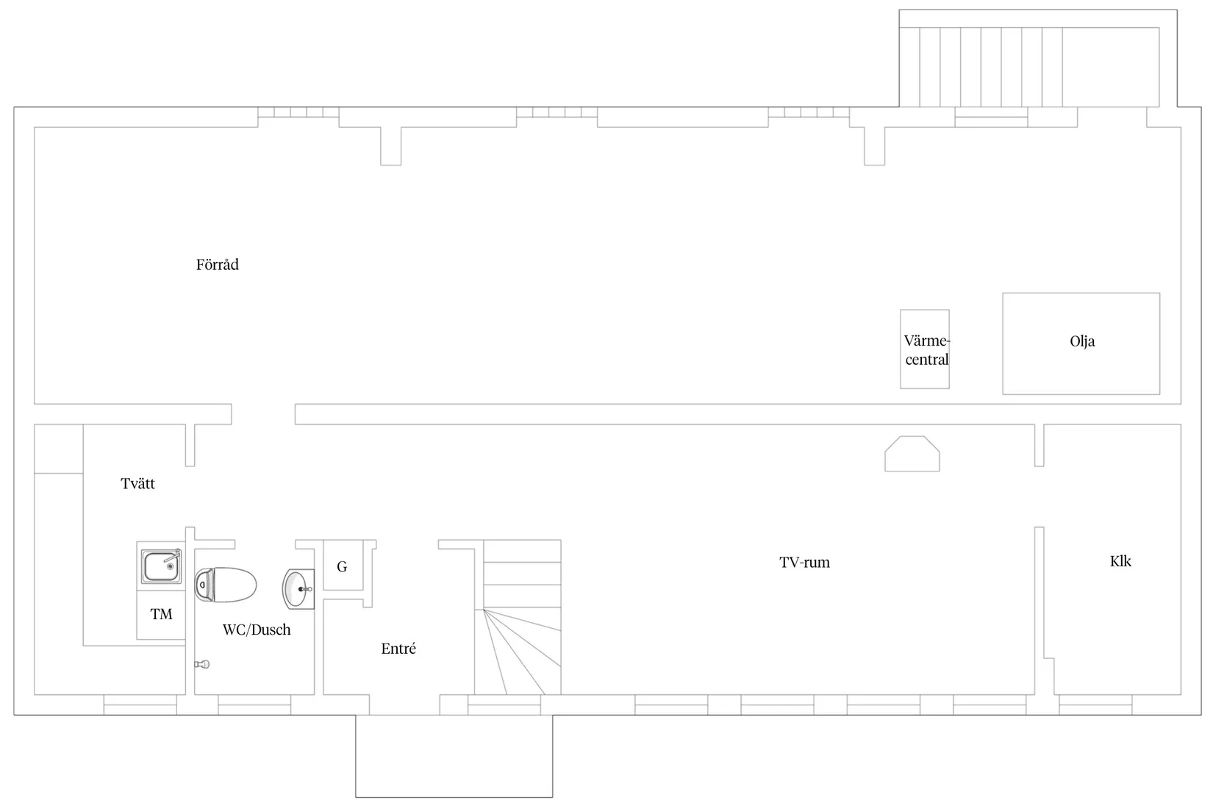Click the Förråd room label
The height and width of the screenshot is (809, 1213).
click(217, 265)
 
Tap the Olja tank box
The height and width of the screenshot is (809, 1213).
click(1081, 343)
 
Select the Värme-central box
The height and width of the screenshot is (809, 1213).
click(924, 349)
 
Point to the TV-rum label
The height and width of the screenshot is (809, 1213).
click(804, 563)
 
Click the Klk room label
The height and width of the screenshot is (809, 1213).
click(1120, 561)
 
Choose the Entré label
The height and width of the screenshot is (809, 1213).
click(398, 649)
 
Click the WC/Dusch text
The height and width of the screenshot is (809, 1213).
click(257, 630)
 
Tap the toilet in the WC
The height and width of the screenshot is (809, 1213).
click(225, 585)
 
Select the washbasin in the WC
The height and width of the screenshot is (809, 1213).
click(298, 589)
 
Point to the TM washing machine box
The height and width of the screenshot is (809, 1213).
click(161, 615)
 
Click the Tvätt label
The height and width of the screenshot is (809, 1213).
click(137, 483)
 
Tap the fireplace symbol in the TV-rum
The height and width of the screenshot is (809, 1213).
click(912, 454)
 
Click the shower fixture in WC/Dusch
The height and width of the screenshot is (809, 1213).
click(202, 664)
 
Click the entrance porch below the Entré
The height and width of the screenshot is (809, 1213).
click(454, 756)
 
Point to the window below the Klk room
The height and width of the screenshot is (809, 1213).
click(1095, 705)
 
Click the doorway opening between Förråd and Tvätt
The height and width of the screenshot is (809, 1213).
click(263, 414)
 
